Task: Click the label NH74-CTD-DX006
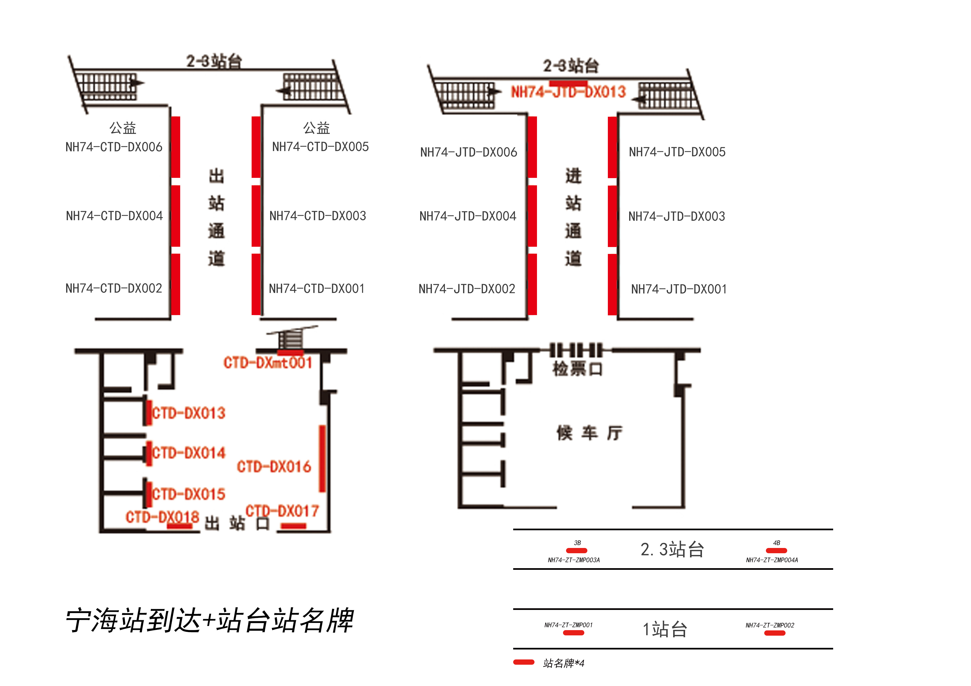pyautogui.click(x=114, y=147)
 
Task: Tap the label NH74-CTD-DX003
pyautogui.click(x=317, y=216)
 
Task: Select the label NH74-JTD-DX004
pyautogui.click(x=468, y=216)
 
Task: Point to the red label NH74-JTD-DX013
pyautogui.click(x=568, y=92)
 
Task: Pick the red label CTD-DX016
pyautogui.click(x=274, y=467)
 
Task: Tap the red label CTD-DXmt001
pyautogui.click(x=268, y=363)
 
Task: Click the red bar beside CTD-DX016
pyautogui.click(x=322, y=459)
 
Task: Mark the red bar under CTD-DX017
pyautogui.click(x=293, y=526)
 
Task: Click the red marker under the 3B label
pyautogui.click(x=576, y=550)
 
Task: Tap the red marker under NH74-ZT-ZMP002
pyautogui.click(x=775, y=633)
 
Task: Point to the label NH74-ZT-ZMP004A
pyautogui.click(x=772, y=560)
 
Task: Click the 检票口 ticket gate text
pyautogui.click(x=577, y=369)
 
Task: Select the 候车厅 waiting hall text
pyautogui.click(x=589, y=433)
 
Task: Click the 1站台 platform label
pyautogui.click(x=665, y=629)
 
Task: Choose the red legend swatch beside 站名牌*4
pyautogui.click(x=524, y=662)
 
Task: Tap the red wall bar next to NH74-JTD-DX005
pyautogui.click(x=612, y=147)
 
